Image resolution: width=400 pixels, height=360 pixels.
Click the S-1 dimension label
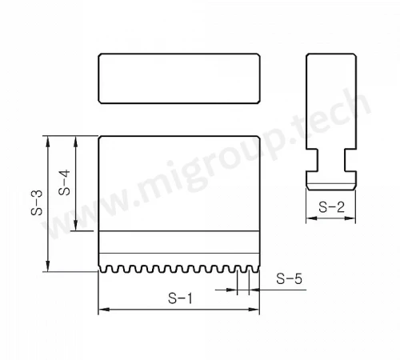(180, 298)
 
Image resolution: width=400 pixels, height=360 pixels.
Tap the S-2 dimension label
(331, 207)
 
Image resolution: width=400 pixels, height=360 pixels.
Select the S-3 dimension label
(37, 202)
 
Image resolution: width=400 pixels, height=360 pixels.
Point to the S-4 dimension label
(64, 182)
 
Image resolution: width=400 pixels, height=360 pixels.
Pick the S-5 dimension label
(289, 278)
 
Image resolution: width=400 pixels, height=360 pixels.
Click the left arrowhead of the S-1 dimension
(104, 310)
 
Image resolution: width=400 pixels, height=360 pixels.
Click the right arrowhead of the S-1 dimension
(254, 310)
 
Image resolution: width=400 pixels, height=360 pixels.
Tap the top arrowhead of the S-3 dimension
(48, 142)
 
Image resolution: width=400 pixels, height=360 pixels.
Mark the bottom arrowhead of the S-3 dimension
(48, 266)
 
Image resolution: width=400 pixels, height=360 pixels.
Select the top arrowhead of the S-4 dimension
(76, 142)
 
